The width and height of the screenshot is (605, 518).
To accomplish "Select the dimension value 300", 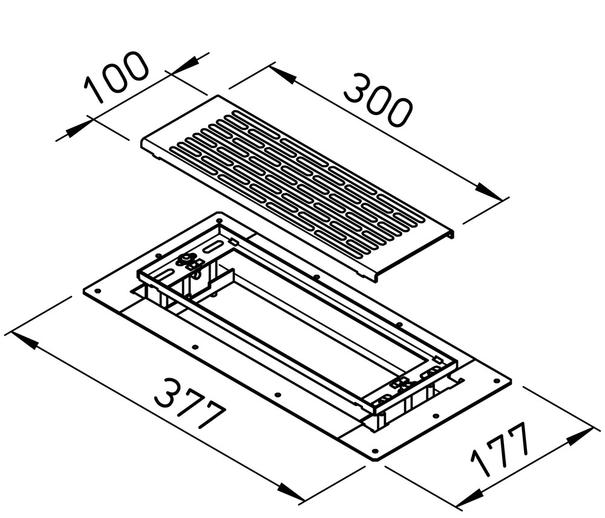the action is click(x=378, y=100).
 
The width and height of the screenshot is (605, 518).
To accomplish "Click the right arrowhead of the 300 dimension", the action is click(x=489, y=191).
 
